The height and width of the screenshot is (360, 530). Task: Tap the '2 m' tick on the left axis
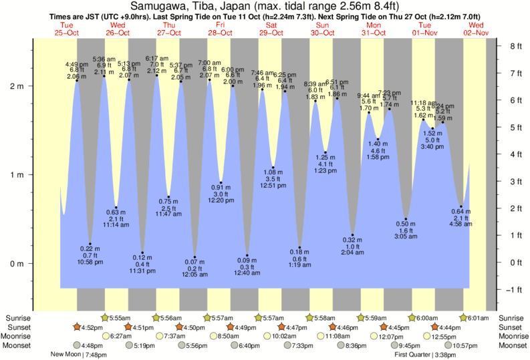[x=15, y=86]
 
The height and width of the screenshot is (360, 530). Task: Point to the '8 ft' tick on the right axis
[x=515, y=46]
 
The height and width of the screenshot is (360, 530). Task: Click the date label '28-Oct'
[x=220, y=33]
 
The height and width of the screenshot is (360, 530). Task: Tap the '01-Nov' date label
[x=425, y=33]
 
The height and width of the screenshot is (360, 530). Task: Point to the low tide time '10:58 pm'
[x=90, y=262]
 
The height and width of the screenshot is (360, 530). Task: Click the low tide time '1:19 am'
[x=300, y=265]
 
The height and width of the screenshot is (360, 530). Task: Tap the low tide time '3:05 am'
[x=405, y=237]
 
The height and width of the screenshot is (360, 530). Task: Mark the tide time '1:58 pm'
[x=378, y=157]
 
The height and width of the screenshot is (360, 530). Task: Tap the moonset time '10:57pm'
[x=465, y=345]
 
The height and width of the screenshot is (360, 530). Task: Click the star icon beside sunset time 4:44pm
[x=436, y=327]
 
